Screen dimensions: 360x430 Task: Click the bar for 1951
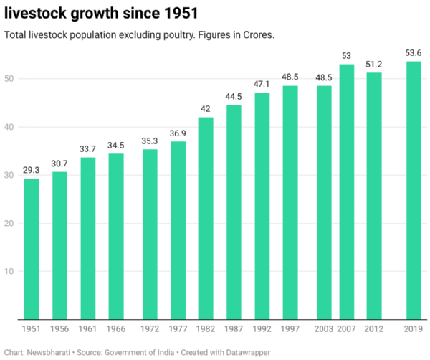point(32,249)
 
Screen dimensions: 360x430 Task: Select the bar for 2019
point(414,190)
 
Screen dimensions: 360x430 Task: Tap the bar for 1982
point(206,218)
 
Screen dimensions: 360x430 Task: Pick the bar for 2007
point(347,191)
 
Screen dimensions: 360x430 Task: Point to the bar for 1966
point(116,236)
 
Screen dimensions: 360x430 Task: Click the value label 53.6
point(414,53)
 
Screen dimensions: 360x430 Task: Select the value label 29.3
point(32,170)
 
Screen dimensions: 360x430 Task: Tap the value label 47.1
point(262,84)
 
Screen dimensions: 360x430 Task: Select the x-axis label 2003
point(325,328)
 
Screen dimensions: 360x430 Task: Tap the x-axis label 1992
point(262,328)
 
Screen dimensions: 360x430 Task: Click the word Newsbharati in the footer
point(52,351)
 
